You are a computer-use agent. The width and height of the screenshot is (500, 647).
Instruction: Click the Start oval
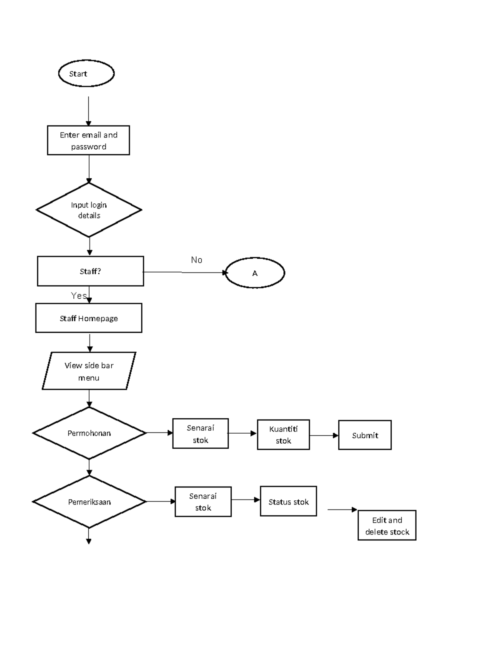pos(86,73)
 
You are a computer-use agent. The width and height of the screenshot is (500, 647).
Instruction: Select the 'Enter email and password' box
pos(88,140)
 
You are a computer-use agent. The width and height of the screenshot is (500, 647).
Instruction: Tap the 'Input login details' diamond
pos(89,210)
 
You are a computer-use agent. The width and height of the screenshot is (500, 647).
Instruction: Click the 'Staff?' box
pos(90,271)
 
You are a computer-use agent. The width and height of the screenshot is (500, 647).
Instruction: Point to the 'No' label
pos(197,260)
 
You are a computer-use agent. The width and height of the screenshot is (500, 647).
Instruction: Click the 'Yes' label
pos(78,296)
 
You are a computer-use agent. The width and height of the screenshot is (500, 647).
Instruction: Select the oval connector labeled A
pos(255,273)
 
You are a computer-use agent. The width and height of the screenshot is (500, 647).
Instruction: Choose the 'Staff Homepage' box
pos(89,318)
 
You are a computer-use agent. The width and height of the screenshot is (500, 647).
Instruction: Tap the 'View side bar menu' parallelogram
pos(89,371)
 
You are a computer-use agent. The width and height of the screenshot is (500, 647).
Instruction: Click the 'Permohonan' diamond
pos(89,433)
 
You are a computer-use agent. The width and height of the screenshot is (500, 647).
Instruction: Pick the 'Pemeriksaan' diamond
pos(89,502)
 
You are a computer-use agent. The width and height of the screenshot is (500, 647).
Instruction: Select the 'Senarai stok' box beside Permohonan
pos(200,434)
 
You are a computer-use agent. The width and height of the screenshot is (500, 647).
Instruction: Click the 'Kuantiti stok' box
pos(283,435)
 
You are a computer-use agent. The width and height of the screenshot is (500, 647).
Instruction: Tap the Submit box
pos(365,435)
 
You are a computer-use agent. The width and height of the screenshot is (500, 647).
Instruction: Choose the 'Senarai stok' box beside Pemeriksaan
pos(203,502)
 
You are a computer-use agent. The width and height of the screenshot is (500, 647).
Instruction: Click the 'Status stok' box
pos(288,502)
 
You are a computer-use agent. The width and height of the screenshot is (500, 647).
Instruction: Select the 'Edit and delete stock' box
pos(387,526)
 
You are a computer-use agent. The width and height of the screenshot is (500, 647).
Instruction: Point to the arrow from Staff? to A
pos(183,272)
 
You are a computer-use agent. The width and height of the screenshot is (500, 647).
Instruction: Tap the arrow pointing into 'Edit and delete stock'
pos(342,510)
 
